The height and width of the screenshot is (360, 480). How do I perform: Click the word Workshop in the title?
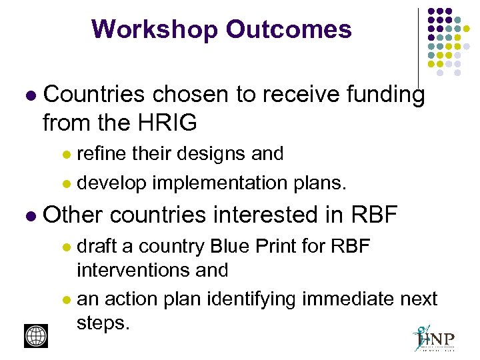pos(155,29)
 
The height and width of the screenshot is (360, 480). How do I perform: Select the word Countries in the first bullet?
pos(93,95)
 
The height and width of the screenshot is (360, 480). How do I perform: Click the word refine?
pos(101,153)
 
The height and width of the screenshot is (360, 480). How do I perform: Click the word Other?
pos(73,215)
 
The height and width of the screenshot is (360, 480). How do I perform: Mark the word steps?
pos(102,323)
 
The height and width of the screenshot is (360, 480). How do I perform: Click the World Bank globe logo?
pos(36,335)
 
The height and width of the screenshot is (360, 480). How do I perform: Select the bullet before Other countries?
pos(28,216)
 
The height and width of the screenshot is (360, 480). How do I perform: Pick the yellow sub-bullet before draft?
pos(66,247)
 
